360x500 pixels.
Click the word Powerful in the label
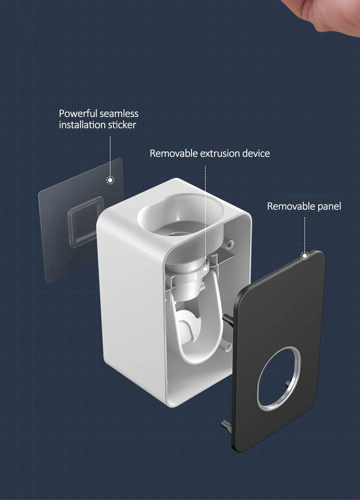(78, 114)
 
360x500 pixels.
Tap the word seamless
(119, 114)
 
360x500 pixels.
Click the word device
(256, 153)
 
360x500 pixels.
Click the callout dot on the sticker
(110, 180)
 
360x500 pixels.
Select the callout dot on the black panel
(305, 256)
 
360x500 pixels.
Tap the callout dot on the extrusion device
(205, 269)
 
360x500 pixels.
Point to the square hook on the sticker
(85, 221)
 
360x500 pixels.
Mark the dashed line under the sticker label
(110, 156)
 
